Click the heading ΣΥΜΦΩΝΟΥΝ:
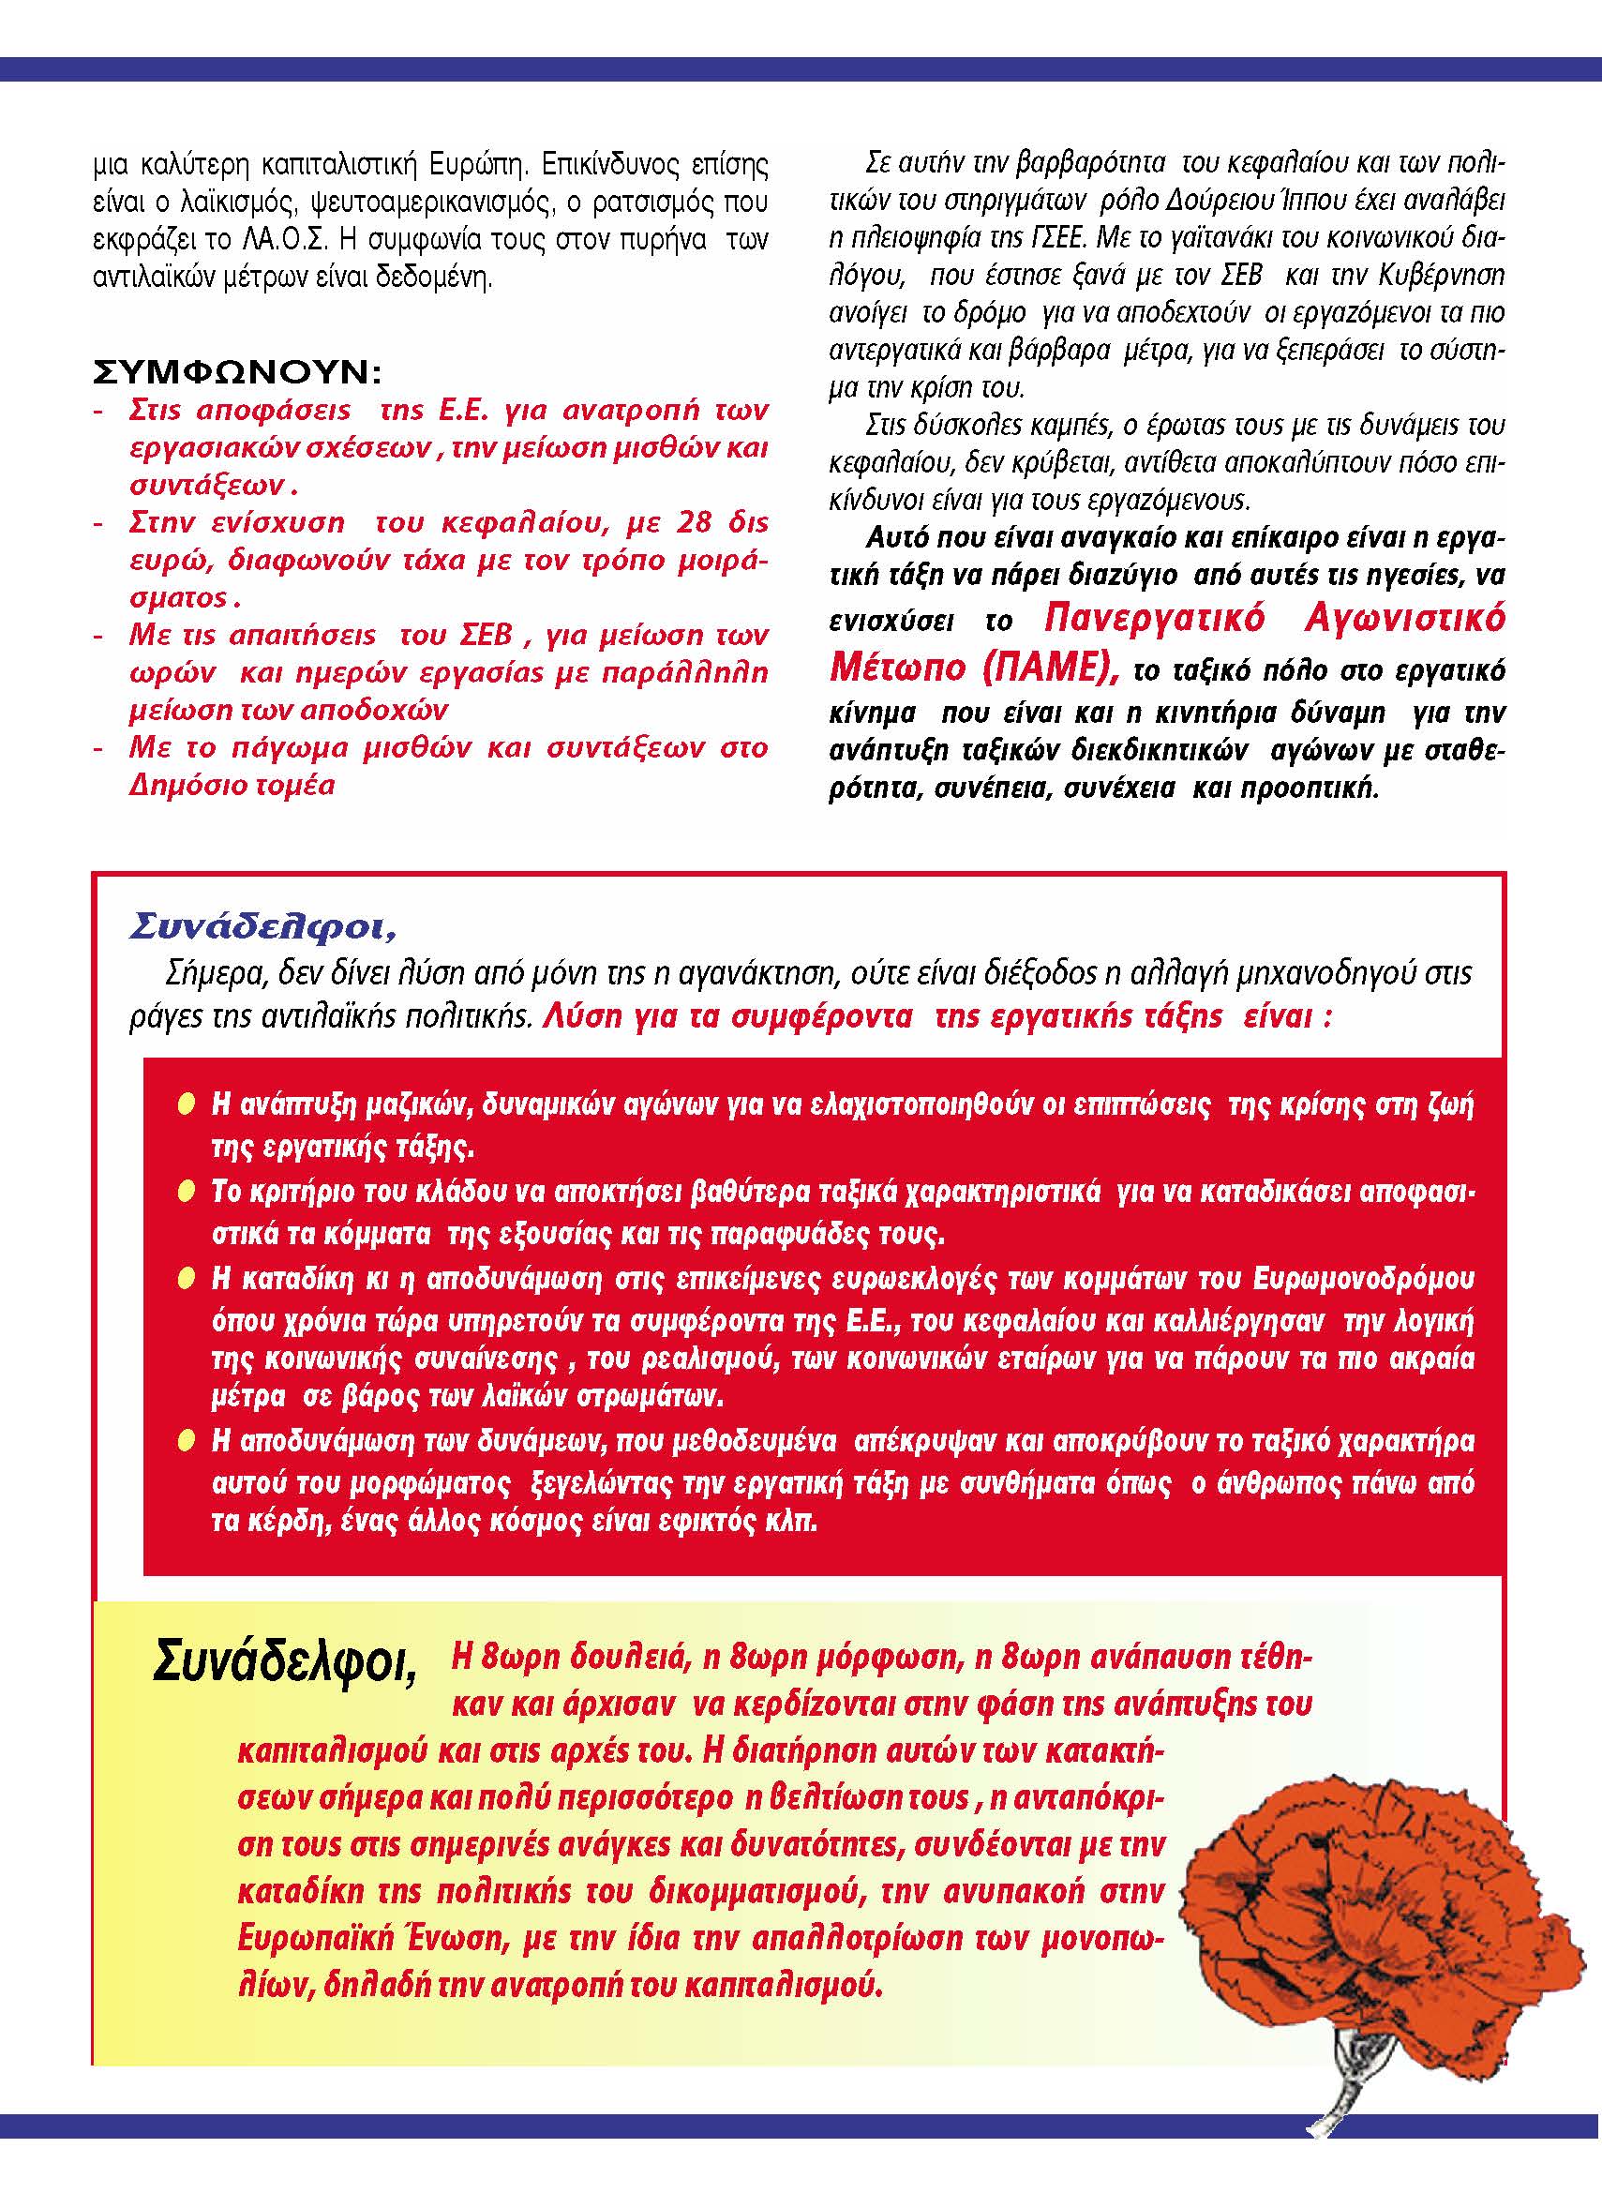point(237,371)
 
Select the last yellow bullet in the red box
point(187,1441)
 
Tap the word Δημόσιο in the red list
point(186,785)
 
